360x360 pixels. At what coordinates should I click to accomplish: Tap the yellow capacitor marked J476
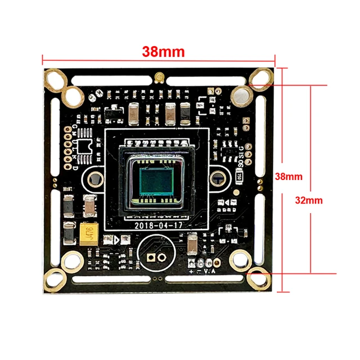[x=88, y=232]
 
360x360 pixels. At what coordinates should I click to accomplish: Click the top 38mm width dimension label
[x=163, y=52]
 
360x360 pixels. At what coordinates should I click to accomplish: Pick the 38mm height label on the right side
[x=289, y=176]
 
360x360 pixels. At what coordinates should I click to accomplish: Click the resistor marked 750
[x=240, y=176]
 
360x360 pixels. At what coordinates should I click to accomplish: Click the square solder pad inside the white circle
[x=151, y=258]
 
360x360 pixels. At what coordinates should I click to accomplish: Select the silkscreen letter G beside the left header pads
[x=74, y=128]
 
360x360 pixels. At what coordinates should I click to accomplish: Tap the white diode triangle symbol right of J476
[x=115, y=239]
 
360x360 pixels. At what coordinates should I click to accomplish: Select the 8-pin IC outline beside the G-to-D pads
[x=85, y=147]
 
